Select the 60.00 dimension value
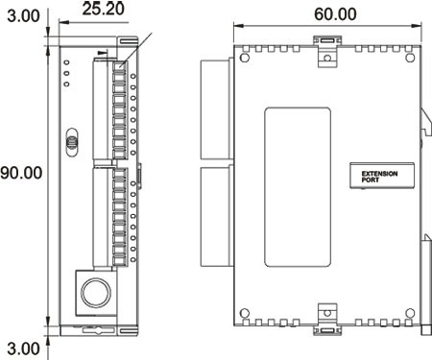327,14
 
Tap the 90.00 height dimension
21,174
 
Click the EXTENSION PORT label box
380,174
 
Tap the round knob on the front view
94,291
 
